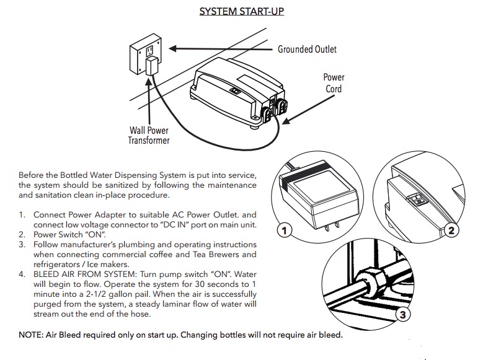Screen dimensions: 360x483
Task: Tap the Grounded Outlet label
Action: click(307, 49)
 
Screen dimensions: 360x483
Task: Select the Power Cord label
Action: click(334, 83)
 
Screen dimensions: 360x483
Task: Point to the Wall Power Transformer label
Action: click(149, 135)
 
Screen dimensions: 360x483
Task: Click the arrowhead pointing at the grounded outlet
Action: click(174, 48)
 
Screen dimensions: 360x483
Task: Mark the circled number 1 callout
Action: click(284, 230)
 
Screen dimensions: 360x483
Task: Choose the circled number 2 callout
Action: click(451, 230)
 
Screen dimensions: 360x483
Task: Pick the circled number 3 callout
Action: click(402, 314)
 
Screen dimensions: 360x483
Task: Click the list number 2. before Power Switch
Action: click(22, 234)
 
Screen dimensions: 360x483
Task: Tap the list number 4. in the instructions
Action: click(22, 273)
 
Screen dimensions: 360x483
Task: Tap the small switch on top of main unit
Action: click(236, 90)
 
